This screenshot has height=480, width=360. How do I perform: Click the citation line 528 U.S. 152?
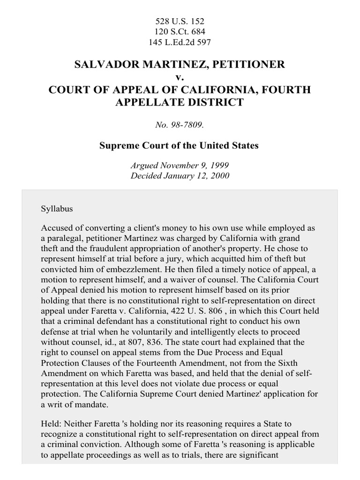pos(180,22)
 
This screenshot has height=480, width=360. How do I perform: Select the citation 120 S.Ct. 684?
pos(180,32)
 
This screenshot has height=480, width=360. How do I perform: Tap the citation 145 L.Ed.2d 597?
pos(180,42)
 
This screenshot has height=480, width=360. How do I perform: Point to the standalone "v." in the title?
pos(180,77)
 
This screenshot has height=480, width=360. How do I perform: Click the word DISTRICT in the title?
pos(215,102)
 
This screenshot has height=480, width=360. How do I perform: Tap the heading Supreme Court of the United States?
pos(180,145)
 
